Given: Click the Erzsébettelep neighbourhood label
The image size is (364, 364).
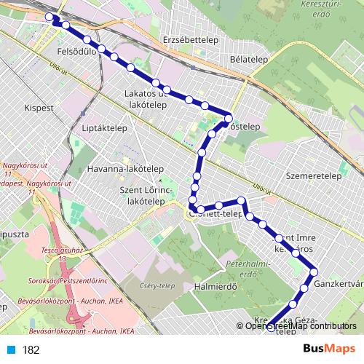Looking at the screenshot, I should [187, 39].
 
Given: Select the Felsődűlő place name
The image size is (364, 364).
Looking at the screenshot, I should [75, 53].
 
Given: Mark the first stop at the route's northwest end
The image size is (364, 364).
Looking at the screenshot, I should [50, 17].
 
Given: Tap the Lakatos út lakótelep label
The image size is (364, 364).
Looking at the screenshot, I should [148, 100].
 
